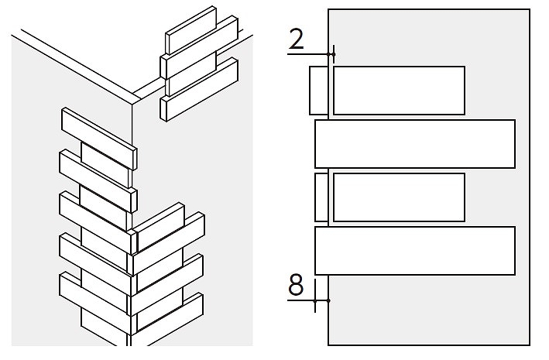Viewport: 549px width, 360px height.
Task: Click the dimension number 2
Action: pyautogui.click(x=297, y=39)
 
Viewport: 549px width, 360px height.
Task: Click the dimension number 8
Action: pyautogui.click(x=296, y=284)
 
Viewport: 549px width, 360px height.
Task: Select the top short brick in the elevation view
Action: pyautogui.click(x=399, y=91)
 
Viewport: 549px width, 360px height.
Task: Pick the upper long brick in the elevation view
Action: pyautogui.click(x=415, y=144)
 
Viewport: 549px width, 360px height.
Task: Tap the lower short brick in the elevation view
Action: pyautogui.click(x=399, y=197)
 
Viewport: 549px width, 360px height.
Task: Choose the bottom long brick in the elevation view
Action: pyautogui.click(x=415, y=251)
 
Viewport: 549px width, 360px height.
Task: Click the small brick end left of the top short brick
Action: pyautogui.click(x=318, y=91)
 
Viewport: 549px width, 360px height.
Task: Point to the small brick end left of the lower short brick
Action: pyautogui.click(x=321, y=197)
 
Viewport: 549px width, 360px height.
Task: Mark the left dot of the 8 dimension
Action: pyautogui.click(x=315, y=301)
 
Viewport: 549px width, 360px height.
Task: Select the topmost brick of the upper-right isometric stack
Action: pyautogui.click(x=191, y=30)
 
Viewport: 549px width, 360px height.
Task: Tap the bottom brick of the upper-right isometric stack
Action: pyautogui.click(x=199, y=90)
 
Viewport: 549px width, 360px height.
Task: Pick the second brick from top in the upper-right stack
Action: pyautogui.click(x=199, y=47)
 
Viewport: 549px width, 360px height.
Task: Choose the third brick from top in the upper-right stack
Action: pyautogui.click(x=191, y=74)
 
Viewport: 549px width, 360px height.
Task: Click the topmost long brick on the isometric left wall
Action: pyautogui.click(x=99, y=139)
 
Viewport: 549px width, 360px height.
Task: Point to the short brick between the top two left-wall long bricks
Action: pyautogui.click(x=106, y=165)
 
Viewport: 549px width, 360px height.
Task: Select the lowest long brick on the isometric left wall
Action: pyautogui.click(x=95, y=303)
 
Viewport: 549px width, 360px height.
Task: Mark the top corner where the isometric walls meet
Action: pyautogui.click(x=132, y=104)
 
